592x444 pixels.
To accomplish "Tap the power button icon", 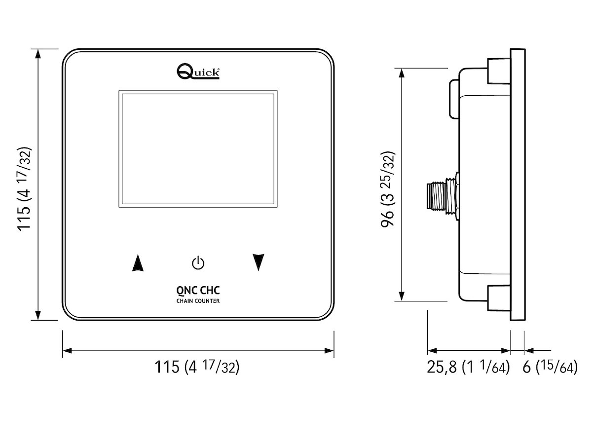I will (198, 263).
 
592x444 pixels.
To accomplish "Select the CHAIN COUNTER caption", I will (198, 301).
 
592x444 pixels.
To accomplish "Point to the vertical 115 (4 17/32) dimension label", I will (24, 188).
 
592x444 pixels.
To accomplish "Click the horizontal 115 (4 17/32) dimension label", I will (197, 368).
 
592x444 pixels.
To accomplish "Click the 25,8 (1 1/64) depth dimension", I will (468, 368).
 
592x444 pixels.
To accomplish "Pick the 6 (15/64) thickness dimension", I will (550, 368).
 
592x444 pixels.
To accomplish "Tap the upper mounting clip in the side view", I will (498, 71).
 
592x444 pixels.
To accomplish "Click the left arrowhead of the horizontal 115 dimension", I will (67, 351).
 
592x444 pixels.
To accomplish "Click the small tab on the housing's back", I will (454, 99).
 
